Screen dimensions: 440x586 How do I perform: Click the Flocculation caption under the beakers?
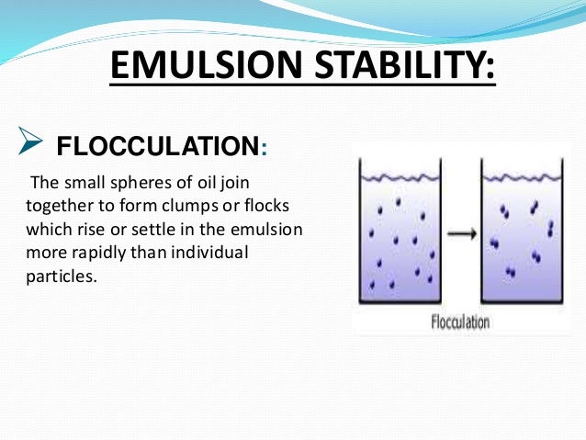coord(461,322)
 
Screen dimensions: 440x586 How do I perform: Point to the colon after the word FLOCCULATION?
coord(265,148)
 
